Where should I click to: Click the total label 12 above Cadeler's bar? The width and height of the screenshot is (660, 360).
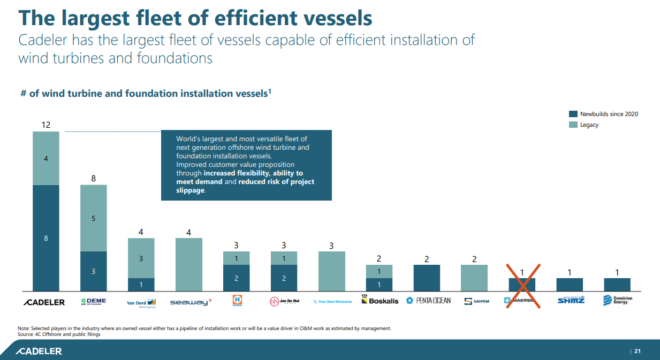pyautogui.click(x=46, y=125)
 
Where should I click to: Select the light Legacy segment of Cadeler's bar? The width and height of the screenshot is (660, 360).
pyautogui.click(x=46, y=158)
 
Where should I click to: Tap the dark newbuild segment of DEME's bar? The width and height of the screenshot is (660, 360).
pyautogui.click(x=94, y=271)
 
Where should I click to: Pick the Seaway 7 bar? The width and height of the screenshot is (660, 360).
pyautogui.click(x=189, y=264)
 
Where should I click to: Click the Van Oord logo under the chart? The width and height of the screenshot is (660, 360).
pyautogui.click(x=141, y=302)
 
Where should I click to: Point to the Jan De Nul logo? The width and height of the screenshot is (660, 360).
pyautogui.click(x=284, y=302)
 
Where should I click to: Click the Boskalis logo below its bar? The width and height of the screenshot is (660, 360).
pyautogui.click(x=380, y=301)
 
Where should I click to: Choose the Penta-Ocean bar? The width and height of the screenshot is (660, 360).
pyautogui.click(x=427, y=278)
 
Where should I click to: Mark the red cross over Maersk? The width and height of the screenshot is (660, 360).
pyautogui.click(x=522, y=285)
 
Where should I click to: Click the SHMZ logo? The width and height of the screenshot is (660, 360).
pyautogui.click(x=570, y=300)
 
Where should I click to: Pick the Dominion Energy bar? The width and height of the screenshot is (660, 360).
pyautogui.click(x=617, y=285)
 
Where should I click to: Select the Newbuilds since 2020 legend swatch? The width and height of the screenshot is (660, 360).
pyautogui.click(x=573, y=114)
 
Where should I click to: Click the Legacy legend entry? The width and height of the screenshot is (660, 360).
pyautogui.click(x=589, y=125)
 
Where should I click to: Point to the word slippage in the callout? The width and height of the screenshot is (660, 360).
pyautogui.click(x=190, y=190)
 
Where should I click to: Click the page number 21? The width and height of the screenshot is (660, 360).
pyautogui.click(x=637, y=351)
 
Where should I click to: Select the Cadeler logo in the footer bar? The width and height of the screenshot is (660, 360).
pyautogui.click(x=39, y=351)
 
